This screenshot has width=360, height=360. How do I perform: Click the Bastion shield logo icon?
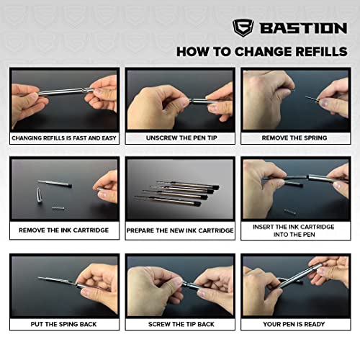click(243, 29)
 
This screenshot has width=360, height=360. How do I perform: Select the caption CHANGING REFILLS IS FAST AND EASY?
click(64, 138)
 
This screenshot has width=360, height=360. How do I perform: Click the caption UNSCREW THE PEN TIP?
click(179, 138)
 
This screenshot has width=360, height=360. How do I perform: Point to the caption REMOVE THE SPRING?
click(295, 138)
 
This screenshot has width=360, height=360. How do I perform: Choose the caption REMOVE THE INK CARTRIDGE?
click(64, 230)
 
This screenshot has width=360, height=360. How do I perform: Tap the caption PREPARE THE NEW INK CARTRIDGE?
click(179, 230)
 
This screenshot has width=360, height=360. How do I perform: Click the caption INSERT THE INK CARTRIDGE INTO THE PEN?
click(295, 230)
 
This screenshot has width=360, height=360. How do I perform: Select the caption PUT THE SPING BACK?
click(64, 324)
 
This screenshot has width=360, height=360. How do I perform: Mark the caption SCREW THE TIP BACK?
click(179, 324)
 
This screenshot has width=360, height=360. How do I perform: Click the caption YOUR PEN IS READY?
click(295, 324)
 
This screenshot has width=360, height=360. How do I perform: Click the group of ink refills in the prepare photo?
click(176, 191)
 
